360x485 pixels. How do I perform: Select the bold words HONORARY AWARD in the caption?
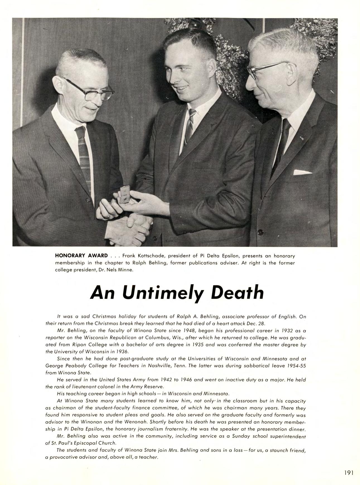coord(81,255)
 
